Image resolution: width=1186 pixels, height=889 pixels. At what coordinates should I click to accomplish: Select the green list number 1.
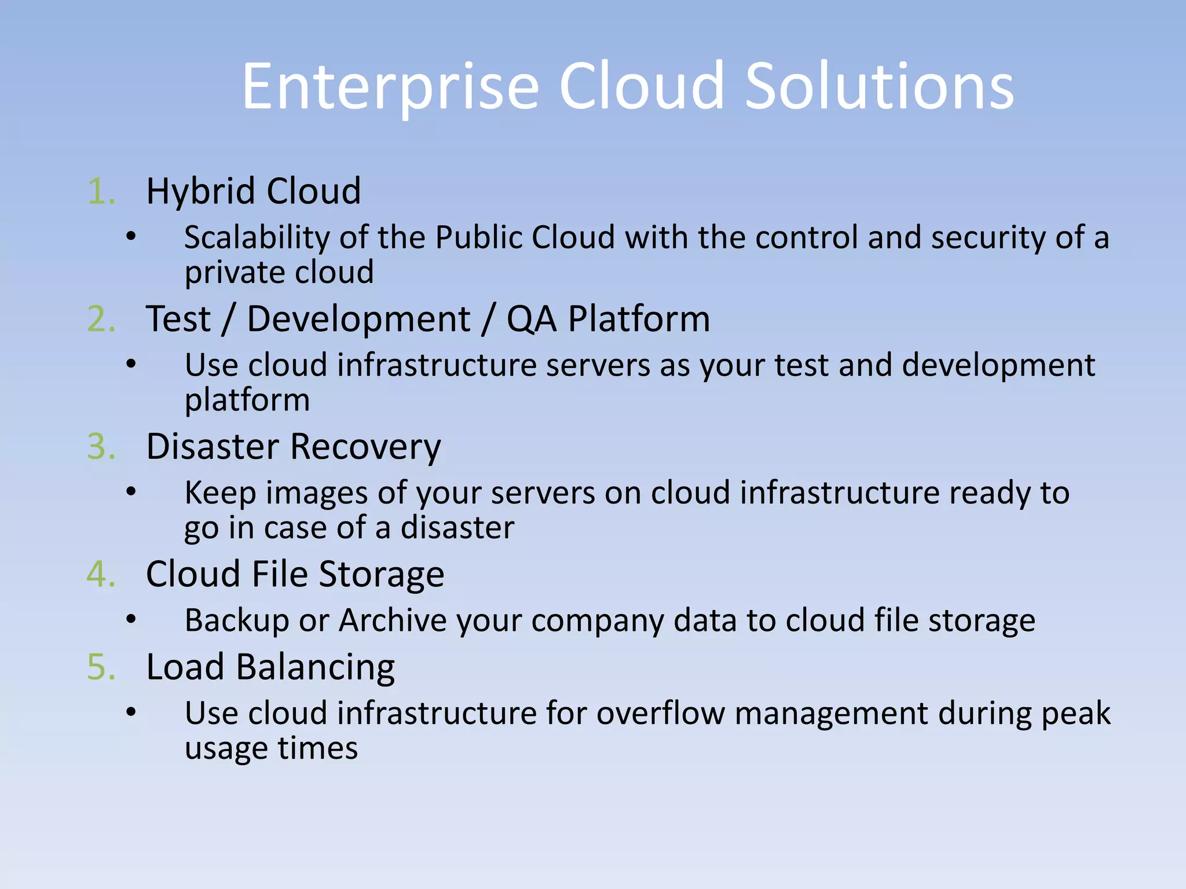(x=101, y=192)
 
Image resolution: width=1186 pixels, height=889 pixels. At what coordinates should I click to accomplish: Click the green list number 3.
(x=101, y=447)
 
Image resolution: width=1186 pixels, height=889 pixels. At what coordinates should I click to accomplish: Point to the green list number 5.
(x=101, y=667)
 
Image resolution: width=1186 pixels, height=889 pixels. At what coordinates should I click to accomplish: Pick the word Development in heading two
(x=358, y=319)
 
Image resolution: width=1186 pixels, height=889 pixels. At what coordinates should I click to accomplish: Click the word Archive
(x=393, y=620)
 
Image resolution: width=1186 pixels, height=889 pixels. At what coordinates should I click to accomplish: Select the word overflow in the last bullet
(x=660, y=713)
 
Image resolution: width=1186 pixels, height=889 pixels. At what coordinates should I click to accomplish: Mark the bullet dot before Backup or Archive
(x=131, y=620)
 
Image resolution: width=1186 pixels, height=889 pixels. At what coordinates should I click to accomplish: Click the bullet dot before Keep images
(x=131, y=493)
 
